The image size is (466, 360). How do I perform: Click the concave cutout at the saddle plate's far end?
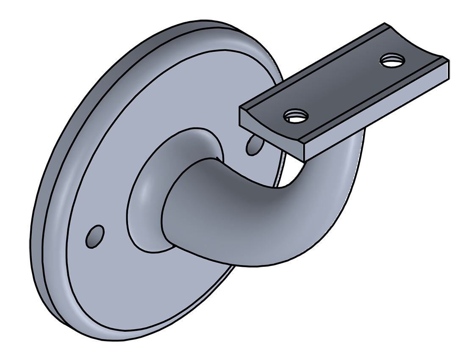(x=417, y=42)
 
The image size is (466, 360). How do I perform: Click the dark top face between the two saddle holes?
(x=343, y=87)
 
